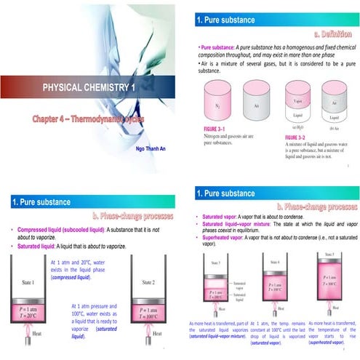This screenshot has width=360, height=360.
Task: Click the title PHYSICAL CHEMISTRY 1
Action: click(89, 87)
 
